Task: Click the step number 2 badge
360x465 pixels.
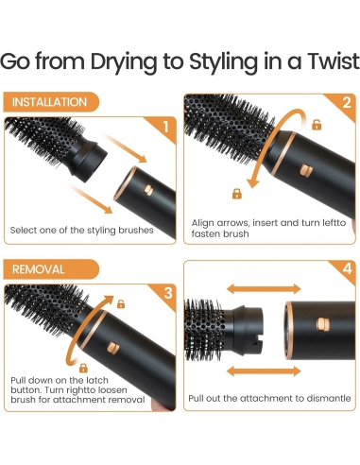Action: pos(346,103)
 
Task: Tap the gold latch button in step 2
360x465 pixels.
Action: pos(307,171)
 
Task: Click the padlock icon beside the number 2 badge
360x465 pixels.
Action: pos(317,125)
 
